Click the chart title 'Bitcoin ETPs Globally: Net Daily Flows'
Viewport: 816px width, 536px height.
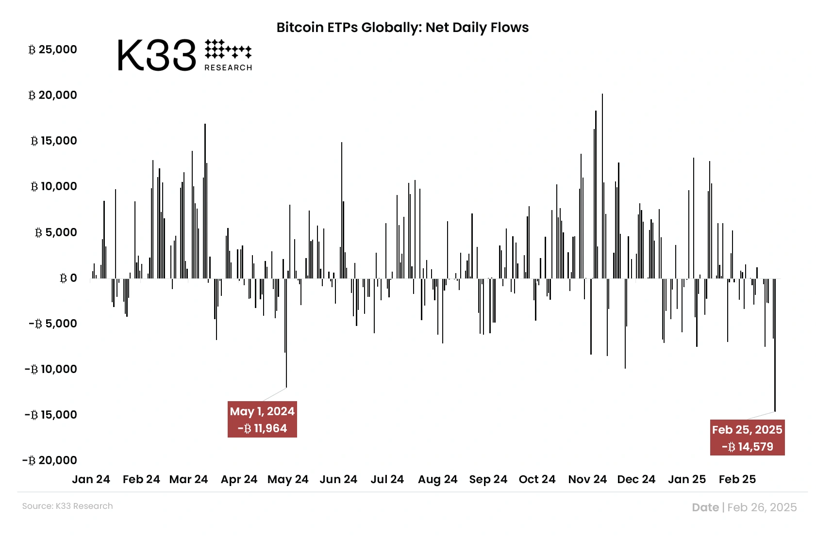[402, 27]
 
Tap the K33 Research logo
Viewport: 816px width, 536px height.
[184, 55]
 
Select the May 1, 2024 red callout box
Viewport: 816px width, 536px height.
[262, 420]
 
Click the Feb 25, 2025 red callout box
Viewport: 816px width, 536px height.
[747, 438]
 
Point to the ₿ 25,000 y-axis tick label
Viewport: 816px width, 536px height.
[53, 49]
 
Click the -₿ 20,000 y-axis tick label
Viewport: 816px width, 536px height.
[50, 460]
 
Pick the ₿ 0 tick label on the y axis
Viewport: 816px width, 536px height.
[68, 278]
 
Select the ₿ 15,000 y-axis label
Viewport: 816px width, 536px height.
[54, 141]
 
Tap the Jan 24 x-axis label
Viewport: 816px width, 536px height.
[91, 479]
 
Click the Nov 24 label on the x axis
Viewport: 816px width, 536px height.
[587, 479]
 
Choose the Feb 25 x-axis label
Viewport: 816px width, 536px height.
[737, 479]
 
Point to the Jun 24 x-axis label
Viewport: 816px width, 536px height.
[338, 479]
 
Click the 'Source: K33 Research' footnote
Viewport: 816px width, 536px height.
[67, 506]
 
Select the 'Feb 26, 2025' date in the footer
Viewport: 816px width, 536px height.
[762, 507]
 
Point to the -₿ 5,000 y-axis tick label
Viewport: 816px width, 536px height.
[53, 324]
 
